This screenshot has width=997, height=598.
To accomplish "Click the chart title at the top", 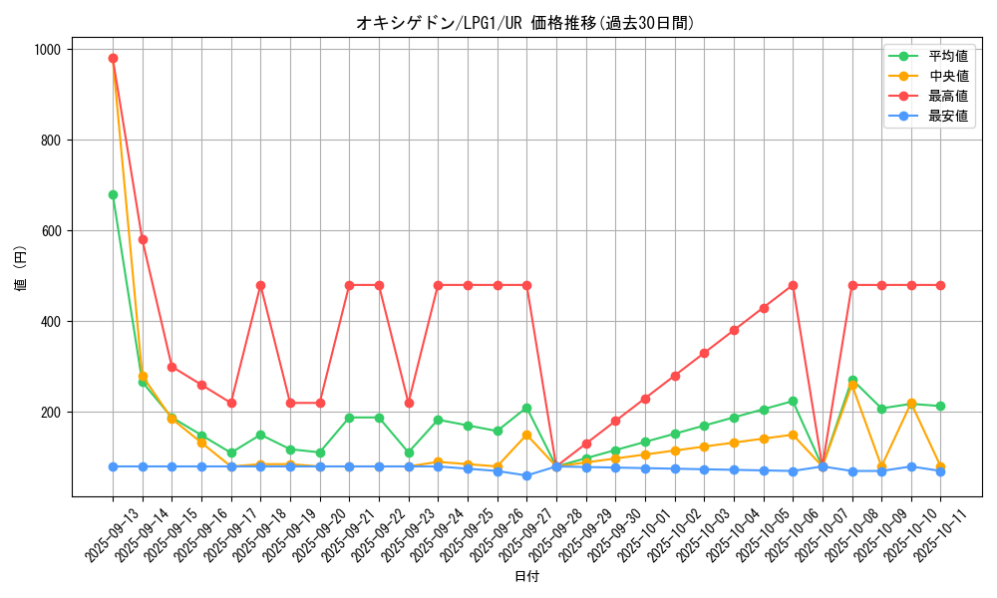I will [x=525, y=22].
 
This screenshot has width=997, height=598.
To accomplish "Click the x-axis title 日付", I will [x=526, y=576].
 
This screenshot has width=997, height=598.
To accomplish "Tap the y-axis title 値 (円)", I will [x=21, y=270].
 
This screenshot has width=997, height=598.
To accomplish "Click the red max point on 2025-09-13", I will [x=113, y=58].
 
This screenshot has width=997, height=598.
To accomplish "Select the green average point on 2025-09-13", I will [x=113, y=194].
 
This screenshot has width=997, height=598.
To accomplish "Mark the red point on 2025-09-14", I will [x=143, y=239].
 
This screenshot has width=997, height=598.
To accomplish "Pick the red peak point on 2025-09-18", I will [x=260, y=285].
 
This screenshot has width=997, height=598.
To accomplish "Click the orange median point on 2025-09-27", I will [x=526, y=435].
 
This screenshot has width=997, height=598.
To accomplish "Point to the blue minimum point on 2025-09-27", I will [x=526, y=475].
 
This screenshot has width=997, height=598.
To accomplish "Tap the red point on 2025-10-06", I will [x=793, y=285].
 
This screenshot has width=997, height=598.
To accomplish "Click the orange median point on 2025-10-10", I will [x=911, y=404].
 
